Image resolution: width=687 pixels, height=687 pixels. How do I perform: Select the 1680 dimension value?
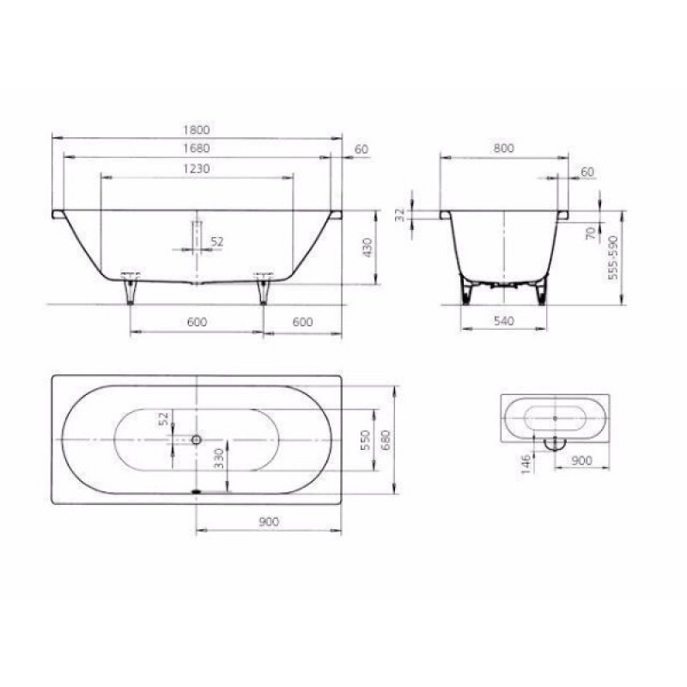tap(198, 149)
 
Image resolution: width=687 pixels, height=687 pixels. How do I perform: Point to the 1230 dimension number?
tap(198, 169)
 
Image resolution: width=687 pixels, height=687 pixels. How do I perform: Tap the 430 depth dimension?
tap(368, 247)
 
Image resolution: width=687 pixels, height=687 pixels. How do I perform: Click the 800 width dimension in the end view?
tap(504, 149)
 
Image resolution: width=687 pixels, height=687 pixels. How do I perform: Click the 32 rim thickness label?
tap(399, 215)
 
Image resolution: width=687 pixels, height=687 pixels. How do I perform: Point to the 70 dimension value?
tap(591, 232)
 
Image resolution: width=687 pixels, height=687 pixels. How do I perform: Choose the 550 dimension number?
tap(365, 439)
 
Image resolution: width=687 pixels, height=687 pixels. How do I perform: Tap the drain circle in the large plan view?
tap(197, 439)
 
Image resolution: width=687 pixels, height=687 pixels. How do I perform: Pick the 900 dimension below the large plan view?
tap(269, 521)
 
